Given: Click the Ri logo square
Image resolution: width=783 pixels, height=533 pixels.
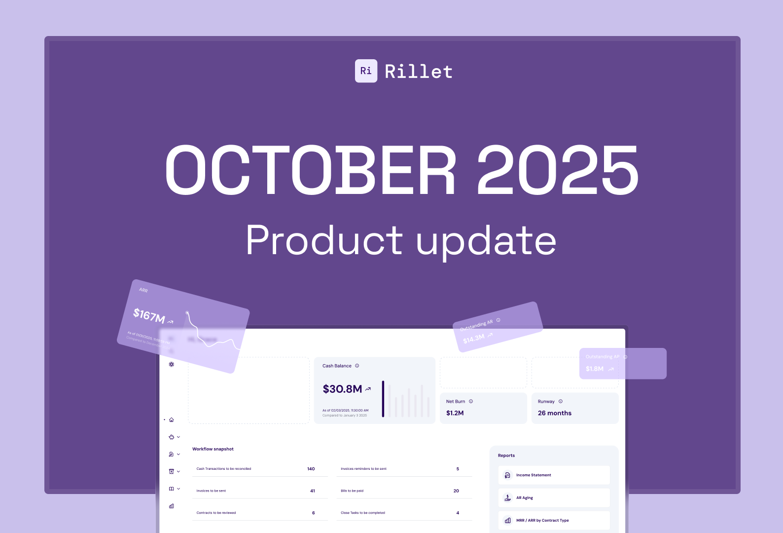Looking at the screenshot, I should pyautogui.click(x=366, y=71).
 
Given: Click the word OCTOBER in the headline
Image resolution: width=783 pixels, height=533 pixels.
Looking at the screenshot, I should pyautogui.click(x=311, y=170).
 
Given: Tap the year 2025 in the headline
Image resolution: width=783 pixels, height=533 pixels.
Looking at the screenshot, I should pyautogui.click(x=558, y=170).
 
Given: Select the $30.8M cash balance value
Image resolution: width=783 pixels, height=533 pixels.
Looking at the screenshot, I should pyautogui.click(x=342, y=389).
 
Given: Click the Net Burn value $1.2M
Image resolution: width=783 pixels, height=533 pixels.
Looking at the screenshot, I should pyautogui.click(x=455, y=413).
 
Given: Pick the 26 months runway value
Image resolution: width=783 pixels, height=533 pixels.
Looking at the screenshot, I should pyautogui.click(x=554, y=413).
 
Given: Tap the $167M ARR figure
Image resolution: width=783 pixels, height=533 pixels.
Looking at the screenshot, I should pyautogui.click(x=149, y=315).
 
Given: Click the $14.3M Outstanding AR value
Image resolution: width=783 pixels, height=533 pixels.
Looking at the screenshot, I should pyautogui.click(x=474, y=339).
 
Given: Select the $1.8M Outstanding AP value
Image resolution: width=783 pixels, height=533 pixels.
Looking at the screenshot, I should pyautogui.click(x=595, y=369).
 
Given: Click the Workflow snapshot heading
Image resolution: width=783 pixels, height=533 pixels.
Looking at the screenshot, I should pyautogui.click(x=213, y=449).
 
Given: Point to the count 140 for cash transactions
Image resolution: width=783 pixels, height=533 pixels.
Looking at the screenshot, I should pyautogui.click(x=311, y=469).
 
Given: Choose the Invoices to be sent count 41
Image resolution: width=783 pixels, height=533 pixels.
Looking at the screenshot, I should pyautogui.click(x=313, y=491).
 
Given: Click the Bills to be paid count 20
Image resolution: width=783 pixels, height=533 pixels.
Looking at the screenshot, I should pyautogui.click(x=456, y=491).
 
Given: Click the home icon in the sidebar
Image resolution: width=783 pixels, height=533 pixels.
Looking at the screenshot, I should pyautogui.click(x=172, y=420).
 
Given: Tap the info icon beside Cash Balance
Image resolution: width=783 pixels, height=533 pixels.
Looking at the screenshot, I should pyautogui.click(x=357, y=366).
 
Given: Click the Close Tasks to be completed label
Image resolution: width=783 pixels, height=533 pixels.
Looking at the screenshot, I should pyautogui.click(x=363, y=513).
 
